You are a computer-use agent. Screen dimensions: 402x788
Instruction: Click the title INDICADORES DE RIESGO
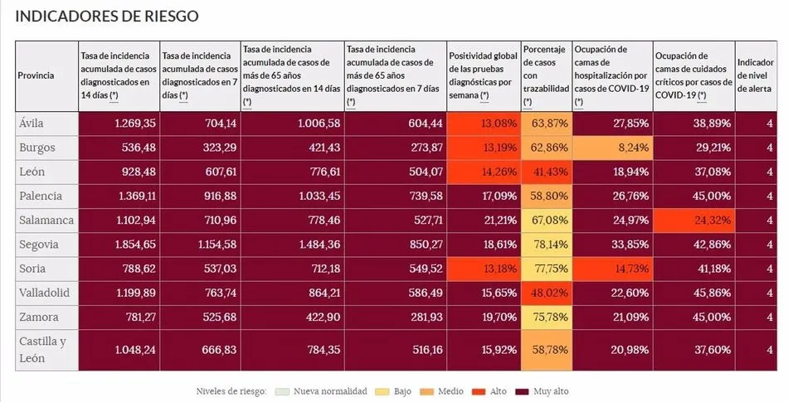[107, 17]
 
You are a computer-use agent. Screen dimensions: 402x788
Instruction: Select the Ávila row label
[31, 124]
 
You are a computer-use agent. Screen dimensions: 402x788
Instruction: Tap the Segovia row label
[38, 245]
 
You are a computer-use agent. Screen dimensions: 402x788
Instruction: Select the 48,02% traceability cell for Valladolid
[547, 293]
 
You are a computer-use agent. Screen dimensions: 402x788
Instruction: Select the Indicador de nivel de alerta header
[756, 75]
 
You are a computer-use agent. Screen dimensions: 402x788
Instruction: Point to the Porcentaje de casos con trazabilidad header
[546, 75]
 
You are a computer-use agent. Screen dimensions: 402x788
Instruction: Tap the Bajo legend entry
[396, 390]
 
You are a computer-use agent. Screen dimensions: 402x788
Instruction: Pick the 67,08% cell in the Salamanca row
[547, 220]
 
